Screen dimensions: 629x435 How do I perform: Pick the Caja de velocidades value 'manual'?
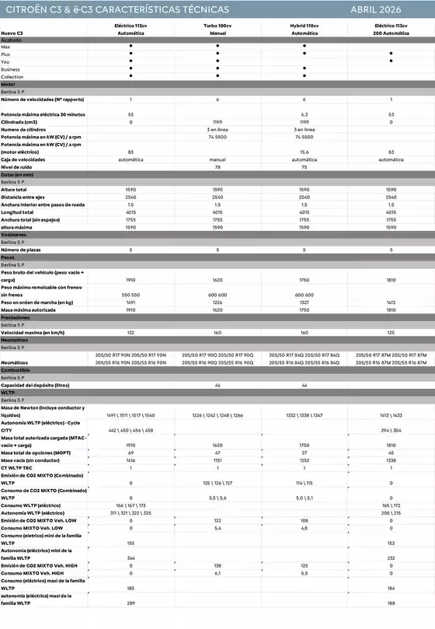coord(217,159)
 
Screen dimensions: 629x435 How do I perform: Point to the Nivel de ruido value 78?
coord(217,167)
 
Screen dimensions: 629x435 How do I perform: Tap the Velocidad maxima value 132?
coord(130,332)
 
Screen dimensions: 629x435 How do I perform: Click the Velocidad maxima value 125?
coord(391,332)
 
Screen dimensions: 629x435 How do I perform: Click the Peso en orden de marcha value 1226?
coord(217,302)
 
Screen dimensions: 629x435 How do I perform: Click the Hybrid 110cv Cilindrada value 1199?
coord(304,122)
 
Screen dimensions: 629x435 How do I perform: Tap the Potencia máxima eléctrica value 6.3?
coord(304,114)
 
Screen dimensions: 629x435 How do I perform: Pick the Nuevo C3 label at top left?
coord(12,34)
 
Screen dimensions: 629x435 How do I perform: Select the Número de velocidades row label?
coord(42,100)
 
